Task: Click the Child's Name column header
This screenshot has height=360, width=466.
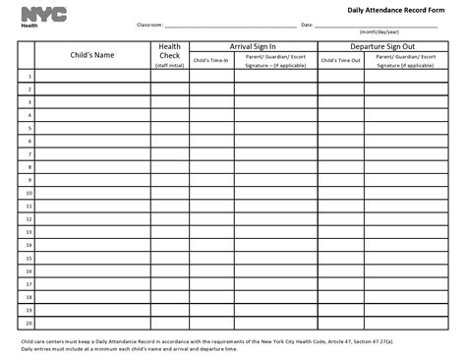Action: click(90, 55)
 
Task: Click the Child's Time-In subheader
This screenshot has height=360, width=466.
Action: click(211, 60)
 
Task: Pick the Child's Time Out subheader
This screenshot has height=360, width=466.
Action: click(341, 60)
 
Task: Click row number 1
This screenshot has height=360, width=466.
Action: click(29, 76)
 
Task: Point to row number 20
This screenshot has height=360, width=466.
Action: click(29, 322)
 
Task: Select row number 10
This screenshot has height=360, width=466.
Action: click(29, 193)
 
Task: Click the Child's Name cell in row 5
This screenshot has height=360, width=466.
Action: click(90, 128)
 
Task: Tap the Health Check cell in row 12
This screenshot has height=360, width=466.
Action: click(168, 218)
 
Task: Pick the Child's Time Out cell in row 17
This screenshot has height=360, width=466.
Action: click(341, 283)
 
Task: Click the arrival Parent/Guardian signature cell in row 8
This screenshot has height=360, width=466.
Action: click(275, 167)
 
